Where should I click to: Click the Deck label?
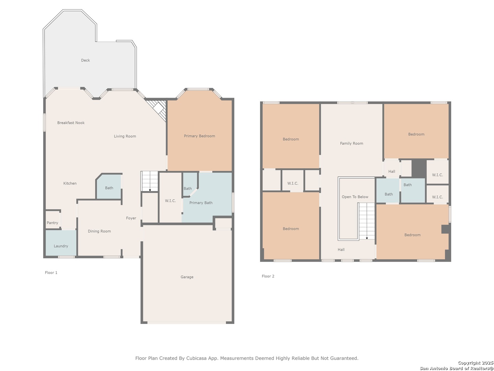85,60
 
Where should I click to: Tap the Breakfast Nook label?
71,123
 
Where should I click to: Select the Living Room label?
125,136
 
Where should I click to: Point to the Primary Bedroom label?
199,136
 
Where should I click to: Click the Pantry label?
52,223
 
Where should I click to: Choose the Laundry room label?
61,246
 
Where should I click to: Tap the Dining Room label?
99,231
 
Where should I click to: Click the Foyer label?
131,218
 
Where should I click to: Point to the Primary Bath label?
201,203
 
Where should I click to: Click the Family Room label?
351,143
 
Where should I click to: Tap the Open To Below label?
355,196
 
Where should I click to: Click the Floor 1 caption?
51,272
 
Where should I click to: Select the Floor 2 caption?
268,276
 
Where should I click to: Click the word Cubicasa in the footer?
196,358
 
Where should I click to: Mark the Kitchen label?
70,183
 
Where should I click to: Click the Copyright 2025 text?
475,363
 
